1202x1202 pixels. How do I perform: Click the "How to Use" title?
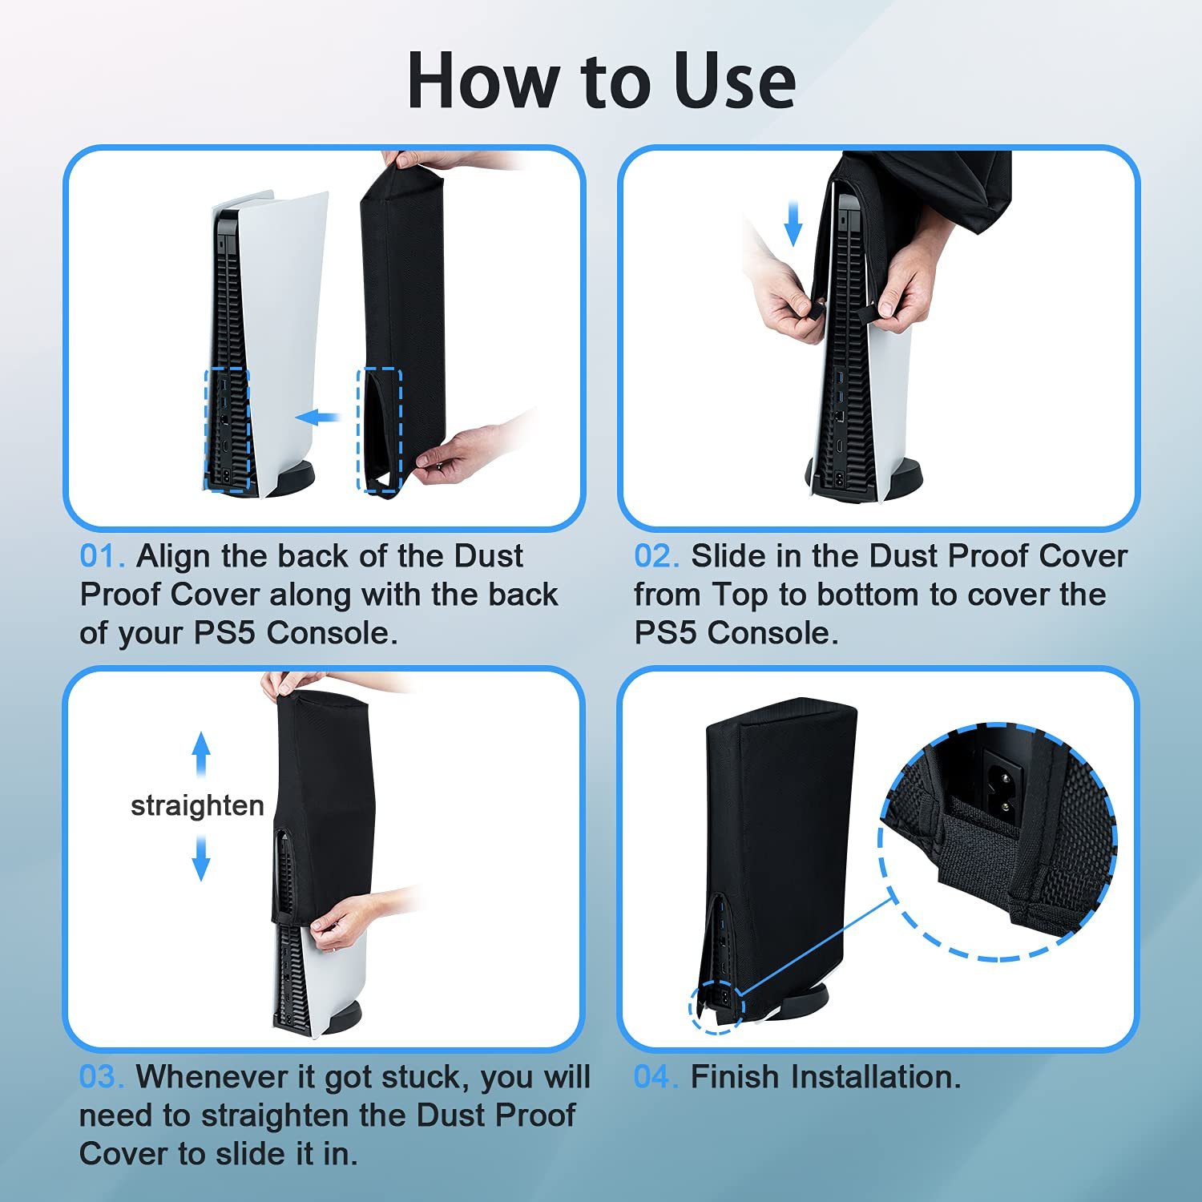(601, 81)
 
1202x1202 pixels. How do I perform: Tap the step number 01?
(102, 556)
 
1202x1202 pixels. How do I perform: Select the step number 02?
(656, 556)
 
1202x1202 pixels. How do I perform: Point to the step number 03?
(102, 1077)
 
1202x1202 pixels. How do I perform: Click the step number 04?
(656, 1077)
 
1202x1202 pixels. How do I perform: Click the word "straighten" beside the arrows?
(197, 805)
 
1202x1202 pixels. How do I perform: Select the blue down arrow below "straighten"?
(201, 857)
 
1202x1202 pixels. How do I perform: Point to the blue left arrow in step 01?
(318, 417)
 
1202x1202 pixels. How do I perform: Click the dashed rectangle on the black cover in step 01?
(378, 430)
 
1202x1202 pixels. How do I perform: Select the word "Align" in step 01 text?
(172, 556)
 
